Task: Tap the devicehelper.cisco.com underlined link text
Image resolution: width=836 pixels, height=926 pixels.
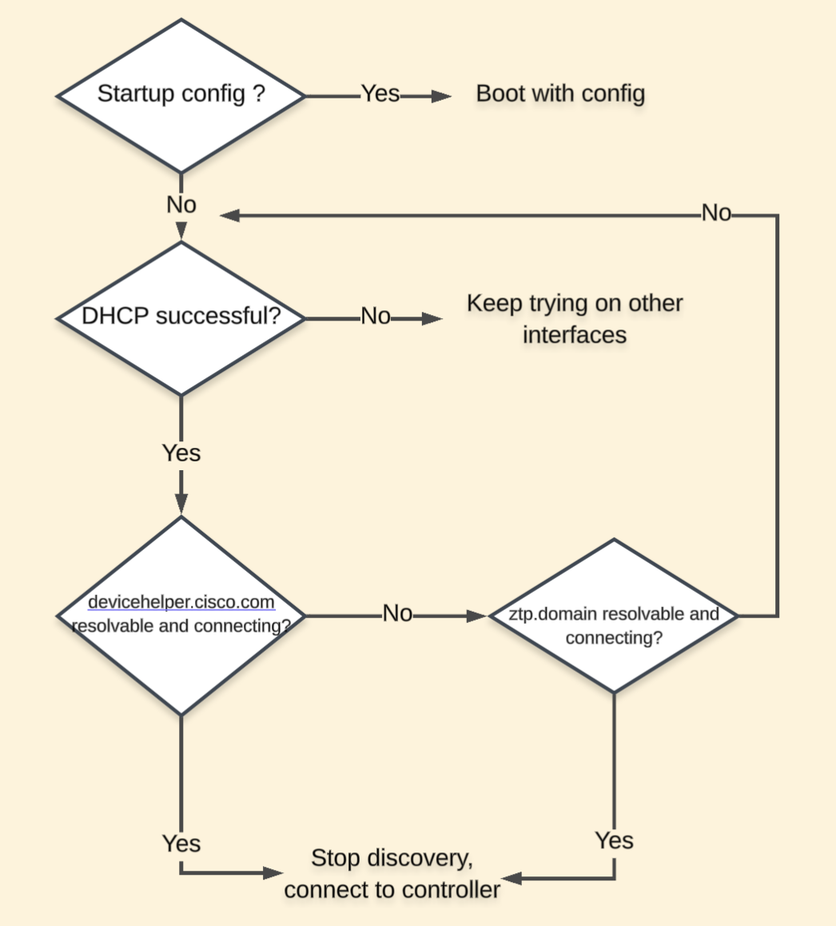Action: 181,602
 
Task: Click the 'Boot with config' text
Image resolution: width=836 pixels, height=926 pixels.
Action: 560,94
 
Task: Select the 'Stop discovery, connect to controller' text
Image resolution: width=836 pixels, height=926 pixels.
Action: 392,873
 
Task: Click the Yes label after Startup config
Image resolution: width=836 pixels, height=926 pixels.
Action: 380,94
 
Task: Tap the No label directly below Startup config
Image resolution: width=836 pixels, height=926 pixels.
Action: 181,205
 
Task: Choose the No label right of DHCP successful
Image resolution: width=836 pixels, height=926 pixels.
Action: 376,317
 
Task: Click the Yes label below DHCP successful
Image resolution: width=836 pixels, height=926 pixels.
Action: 181,453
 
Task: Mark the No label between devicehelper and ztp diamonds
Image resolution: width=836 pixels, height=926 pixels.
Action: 397,614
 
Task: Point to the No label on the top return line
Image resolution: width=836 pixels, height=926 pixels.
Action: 716,214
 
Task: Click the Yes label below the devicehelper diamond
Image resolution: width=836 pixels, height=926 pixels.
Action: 181,844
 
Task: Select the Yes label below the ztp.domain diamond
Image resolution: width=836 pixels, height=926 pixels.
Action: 614,841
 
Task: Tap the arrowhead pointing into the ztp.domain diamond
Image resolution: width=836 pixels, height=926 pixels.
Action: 477,617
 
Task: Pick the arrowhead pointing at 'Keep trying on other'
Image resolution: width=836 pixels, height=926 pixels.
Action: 432,318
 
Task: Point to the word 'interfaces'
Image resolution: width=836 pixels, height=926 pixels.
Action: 574,334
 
